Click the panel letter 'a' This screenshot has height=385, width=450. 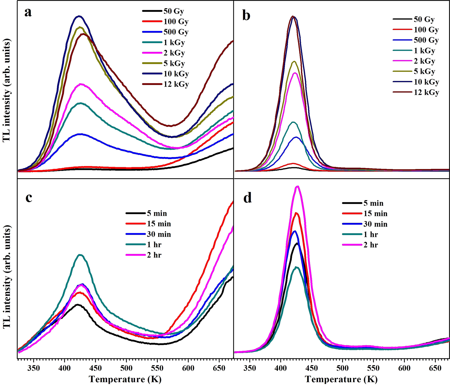pos(28,13)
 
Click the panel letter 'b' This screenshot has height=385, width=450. pos(246,16)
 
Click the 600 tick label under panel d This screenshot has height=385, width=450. pos(404,368)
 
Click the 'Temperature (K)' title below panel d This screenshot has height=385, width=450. pos(341,379)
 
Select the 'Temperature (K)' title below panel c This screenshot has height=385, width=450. pos(125,379)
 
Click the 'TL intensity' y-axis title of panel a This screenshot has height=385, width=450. pos(7,90)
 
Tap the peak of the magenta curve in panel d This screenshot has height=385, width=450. pos(298,187)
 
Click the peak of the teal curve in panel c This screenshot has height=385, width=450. pos(80,255)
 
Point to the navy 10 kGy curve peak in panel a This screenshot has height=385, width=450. pos(79,16)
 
